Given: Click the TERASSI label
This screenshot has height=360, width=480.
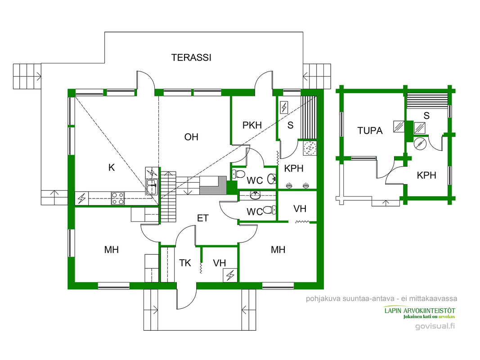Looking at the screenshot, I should tap(191, 58).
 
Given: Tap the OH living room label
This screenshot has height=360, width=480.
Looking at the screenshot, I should tap(191, 137).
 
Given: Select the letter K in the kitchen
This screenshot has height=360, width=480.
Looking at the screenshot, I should tap(112, 168).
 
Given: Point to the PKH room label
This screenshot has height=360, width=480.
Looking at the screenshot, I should tap(252, 126).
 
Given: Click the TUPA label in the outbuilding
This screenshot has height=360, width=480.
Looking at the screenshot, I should tap(370, 131).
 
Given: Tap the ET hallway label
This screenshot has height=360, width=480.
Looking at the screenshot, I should tap(203, 218).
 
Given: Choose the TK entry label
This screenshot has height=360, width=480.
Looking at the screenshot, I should tap(185, 263).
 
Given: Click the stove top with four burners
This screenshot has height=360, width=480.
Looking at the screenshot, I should tap(118, 198).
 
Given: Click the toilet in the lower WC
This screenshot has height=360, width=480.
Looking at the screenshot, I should tap(269, 210).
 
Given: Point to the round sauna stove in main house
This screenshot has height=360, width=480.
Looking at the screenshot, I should tap(310, 148).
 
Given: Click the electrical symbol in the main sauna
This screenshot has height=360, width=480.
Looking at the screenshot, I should tap(284, 108).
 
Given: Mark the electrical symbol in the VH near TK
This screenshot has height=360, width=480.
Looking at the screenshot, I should tap(230, 275).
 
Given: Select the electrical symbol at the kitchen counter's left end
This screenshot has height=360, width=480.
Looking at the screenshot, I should tap(82, 198).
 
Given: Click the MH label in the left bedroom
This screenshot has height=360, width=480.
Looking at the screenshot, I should tap(112, 250).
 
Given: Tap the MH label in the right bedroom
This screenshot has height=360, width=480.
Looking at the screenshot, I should tap(278, 250).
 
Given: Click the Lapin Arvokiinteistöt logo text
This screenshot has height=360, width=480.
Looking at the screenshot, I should tap(419, 311).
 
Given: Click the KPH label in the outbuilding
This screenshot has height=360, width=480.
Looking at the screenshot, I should tap(426, 175).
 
